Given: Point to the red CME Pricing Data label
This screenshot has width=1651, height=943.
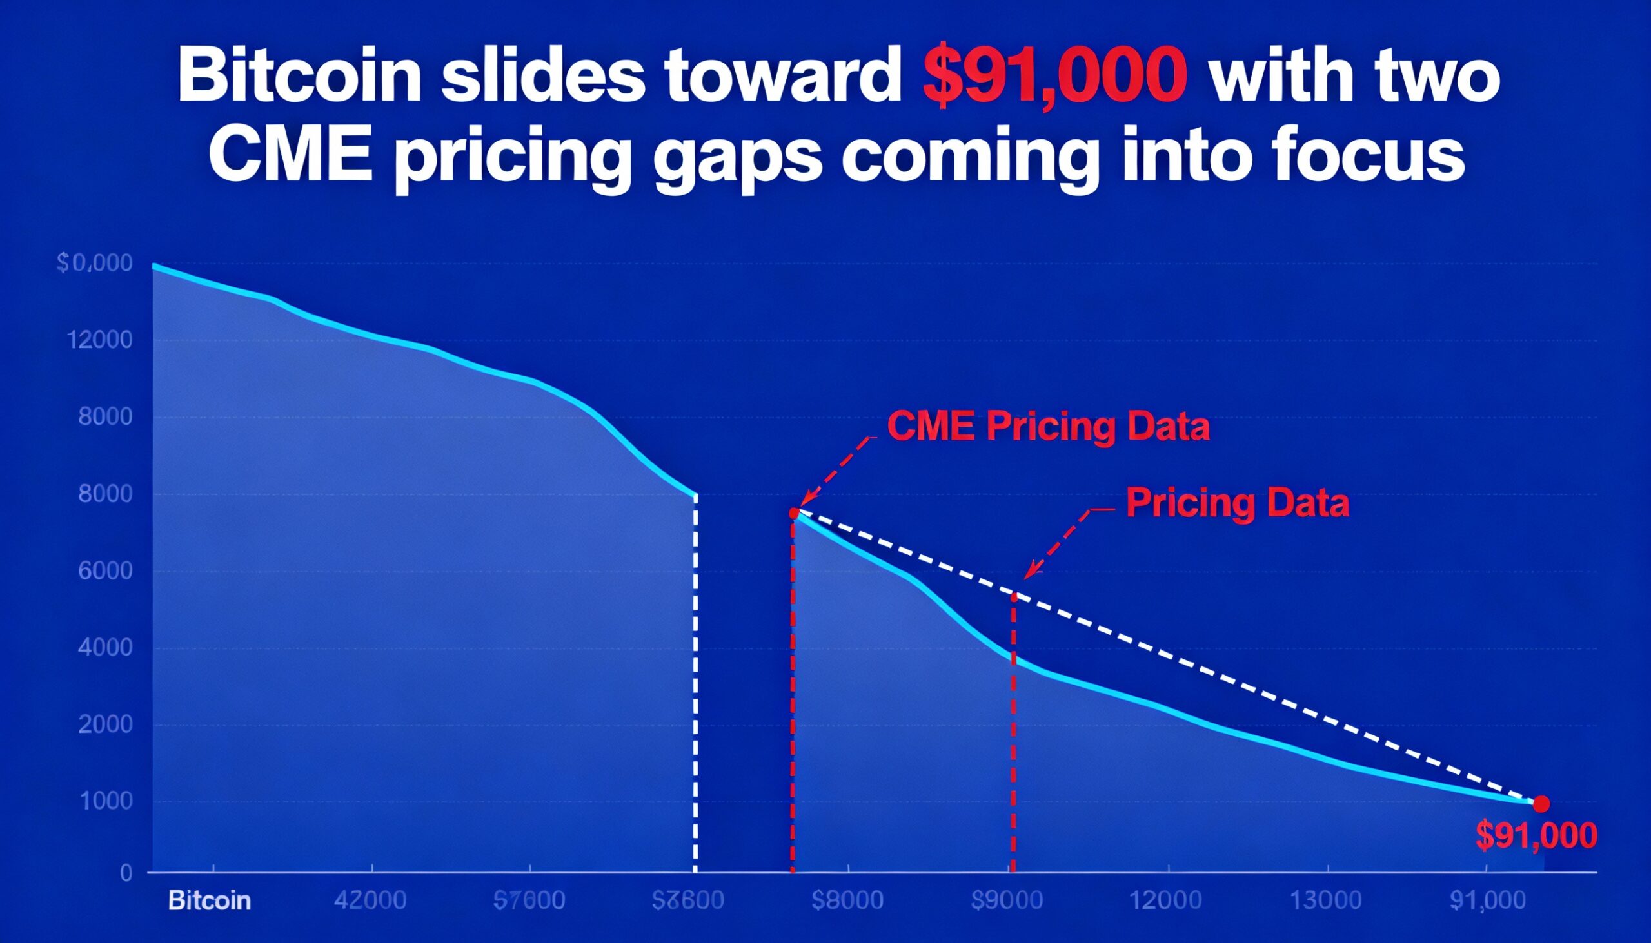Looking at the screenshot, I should pos(1048,427).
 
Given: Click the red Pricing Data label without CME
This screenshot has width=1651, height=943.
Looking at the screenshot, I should pos(1237,503).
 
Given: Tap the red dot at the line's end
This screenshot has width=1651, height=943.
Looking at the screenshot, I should pos(1541,804).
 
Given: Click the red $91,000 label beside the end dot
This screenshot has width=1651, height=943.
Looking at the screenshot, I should pos(1536,835).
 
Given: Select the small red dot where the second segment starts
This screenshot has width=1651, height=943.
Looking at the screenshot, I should pos(795,513).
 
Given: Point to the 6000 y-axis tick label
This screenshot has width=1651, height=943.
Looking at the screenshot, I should pos(105,570).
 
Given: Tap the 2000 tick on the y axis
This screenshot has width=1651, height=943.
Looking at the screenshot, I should pos(105,724).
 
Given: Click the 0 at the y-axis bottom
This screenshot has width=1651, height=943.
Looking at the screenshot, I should pos(126,873).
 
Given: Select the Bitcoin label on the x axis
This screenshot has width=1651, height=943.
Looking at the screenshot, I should pos(210,901).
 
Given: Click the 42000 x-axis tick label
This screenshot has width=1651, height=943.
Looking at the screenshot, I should pos(370,901).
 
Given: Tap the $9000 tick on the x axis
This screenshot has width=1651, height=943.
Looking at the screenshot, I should pos(1007,901).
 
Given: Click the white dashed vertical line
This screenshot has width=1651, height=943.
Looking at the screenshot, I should pos(695,680).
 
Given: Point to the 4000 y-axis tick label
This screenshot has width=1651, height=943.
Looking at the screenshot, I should pos(105,648).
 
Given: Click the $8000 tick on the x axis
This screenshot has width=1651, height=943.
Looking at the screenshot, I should pos(847,901).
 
